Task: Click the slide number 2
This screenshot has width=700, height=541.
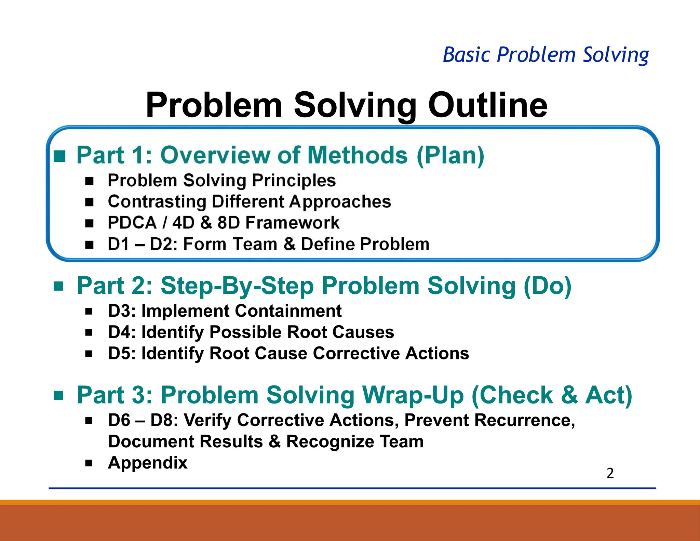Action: tap(610, 473)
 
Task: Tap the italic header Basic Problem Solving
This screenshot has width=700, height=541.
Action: tap(546, 55)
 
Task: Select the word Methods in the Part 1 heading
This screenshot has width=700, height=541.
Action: tap(358, 155)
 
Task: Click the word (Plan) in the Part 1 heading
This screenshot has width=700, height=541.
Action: tap(450, 156)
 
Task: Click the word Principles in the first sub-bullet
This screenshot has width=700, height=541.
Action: tap(294, 181)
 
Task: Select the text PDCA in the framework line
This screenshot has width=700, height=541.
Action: tap(132, 223)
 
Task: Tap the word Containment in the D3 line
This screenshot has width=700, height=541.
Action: tap(288, 311)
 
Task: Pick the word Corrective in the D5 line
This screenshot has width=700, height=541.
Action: tap(356, 353)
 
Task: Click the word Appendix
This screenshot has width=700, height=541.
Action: tap(148, 463)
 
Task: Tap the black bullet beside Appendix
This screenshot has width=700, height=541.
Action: tap(89, 463)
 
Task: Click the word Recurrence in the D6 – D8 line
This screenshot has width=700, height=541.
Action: tap(522, 420)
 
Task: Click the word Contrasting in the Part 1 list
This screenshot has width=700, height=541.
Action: tap(157, 202)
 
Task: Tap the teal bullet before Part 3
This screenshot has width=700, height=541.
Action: tap(58, 396)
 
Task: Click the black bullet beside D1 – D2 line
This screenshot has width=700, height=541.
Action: tap(89, 245)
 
